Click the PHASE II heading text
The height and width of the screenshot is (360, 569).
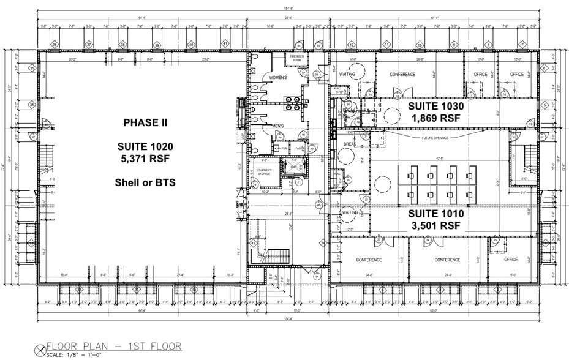point(145,122)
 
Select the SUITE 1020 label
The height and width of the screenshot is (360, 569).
point(145,146)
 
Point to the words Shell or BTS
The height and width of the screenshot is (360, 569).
point(145,182)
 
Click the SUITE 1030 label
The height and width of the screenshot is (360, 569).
point(435,105)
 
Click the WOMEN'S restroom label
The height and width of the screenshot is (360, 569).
point(274,78)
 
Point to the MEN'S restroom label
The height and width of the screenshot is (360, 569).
point(277,127)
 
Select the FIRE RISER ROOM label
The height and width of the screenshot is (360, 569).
point(297,58)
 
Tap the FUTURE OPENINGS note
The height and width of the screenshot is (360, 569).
point(435,137)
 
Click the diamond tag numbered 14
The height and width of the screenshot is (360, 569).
point(323,244)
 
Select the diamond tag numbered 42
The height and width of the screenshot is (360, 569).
point(253,243)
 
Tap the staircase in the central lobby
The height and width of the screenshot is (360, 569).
point(279,254)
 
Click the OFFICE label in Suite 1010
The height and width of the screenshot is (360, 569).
point(511,260)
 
